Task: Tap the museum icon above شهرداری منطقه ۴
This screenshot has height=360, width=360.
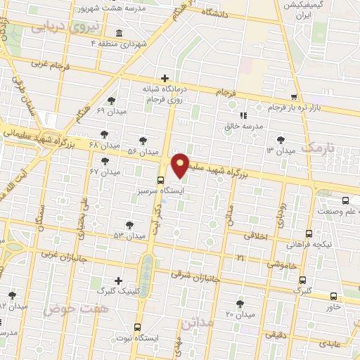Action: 117,34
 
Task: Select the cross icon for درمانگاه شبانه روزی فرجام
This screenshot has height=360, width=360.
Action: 165,78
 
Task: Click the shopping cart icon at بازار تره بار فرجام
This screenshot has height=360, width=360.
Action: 294,97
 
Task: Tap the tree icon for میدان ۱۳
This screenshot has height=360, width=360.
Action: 281,140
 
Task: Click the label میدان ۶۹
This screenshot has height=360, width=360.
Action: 110,112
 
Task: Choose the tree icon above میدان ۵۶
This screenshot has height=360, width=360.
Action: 143,141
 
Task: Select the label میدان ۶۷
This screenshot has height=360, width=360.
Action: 105,172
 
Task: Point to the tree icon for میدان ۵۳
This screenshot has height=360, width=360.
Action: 129,225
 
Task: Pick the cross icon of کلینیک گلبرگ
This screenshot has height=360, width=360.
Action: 117,280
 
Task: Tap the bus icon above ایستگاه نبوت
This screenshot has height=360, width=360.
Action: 137,327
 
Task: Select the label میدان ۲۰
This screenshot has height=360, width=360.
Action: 239,313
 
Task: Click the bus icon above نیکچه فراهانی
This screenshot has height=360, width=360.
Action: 309,234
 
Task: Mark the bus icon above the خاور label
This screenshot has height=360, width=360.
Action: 333,296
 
